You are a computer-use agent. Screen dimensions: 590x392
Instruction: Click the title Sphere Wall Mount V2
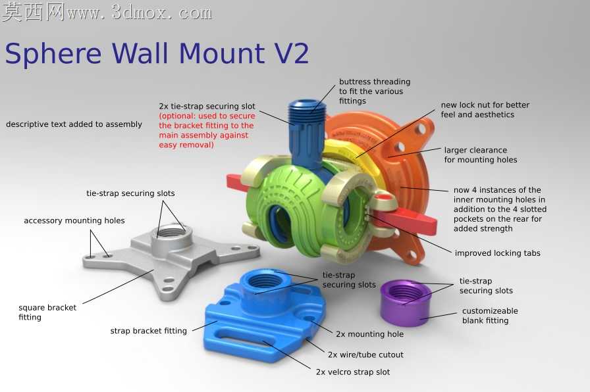point(157,54)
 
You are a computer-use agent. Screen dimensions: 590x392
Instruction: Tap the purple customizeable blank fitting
point(406,303)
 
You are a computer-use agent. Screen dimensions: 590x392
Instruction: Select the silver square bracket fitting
point(171,261)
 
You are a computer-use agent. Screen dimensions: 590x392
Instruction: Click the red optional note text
point(207,130)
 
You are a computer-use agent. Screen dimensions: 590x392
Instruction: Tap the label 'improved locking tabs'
point(497,253)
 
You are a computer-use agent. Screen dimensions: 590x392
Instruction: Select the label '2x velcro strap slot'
point(353,372)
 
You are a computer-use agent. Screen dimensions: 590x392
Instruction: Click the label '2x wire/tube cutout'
point(365,355)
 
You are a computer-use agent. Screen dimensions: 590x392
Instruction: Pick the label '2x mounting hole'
point(369,334)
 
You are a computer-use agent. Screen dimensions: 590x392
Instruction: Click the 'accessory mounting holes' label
point(74,220)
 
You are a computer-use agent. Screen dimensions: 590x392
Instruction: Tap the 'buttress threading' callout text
point(375,91)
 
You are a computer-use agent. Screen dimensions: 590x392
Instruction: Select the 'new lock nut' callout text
point(485,110)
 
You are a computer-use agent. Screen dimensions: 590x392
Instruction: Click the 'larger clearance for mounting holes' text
point(481,155)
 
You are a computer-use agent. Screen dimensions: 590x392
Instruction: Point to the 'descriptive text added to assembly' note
point(74,124)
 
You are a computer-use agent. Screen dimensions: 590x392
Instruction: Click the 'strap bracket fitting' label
point(148,331)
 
